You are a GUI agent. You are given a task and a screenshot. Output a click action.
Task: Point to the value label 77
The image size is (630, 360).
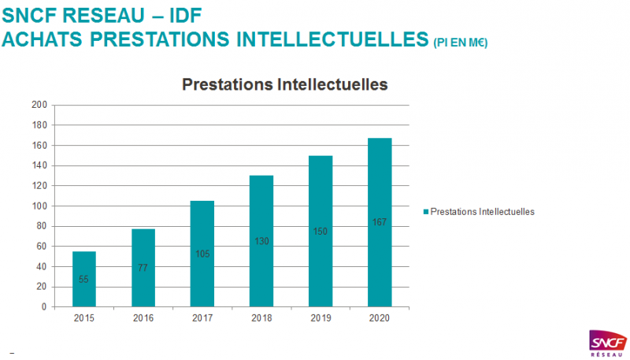(x=143, y=268)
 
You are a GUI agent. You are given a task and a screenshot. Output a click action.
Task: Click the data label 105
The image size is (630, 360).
(x=202, y=253)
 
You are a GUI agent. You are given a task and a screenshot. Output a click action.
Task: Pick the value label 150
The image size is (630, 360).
(x=320, y=231)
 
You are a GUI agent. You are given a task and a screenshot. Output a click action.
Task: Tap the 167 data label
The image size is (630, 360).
(x=379, y=222)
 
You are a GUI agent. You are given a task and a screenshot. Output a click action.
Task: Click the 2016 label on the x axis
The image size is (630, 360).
(x=143, y=319)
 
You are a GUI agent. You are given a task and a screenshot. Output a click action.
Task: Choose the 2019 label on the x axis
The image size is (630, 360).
(x=320, y=319)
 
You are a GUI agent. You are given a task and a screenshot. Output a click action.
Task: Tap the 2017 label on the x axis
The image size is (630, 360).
(x=202, y=319)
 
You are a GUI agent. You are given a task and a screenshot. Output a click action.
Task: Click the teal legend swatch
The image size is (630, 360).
(x=426, y=212)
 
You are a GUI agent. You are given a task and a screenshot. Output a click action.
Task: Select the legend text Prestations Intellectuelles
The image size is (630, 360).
(x=483, y=212)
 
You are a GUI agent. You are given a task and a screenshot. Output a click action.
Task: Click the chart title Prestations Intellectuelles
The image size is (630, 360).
(x=286, y=84)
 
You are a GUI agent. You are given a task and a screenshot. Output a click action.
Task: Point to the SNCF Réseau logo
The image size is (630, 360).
(x=607, y=343)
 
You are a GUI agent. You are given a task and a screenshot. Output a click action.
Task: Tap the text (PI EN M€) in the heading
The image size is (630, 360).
(x=460, y=43)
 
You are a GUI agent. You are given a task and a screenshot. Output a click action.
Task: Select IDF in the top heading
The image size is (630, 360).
(x=168, y=14)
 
